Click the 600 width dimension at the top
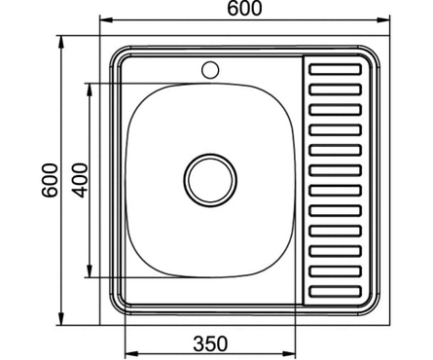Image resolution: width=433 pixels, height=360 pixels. (243, 9)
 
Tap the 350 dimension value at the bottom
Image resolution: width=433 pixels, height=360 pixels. (210, 342)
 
